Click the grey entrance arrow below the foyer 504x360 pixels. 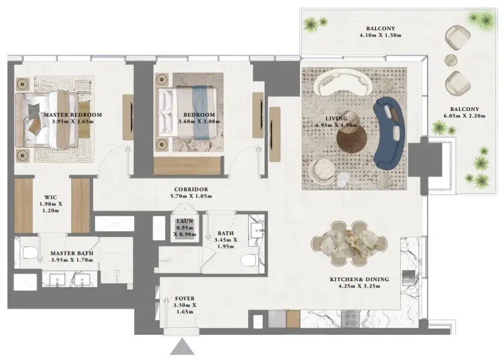click(183, 346)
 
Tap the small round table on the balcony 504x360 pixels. click(451, 61)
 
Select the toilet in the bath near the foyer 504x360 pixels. click(250, 260)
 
